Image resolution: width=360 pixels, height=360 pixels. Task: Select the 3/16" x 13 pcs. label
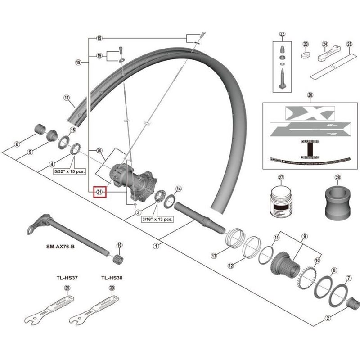click(x=157, y=219)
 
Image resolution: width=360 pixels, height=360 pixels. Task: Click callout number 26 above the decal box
click(x=309, y=95)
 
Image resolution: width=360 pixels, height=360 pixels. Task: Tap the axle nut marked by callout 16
click(x=119, y=260)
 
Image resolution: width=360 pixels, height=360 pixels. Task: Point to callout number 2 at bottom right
click(x=328, y=318)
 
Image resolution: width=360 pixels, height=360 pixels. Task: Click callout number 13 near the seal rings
click(x=214, y=255)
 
